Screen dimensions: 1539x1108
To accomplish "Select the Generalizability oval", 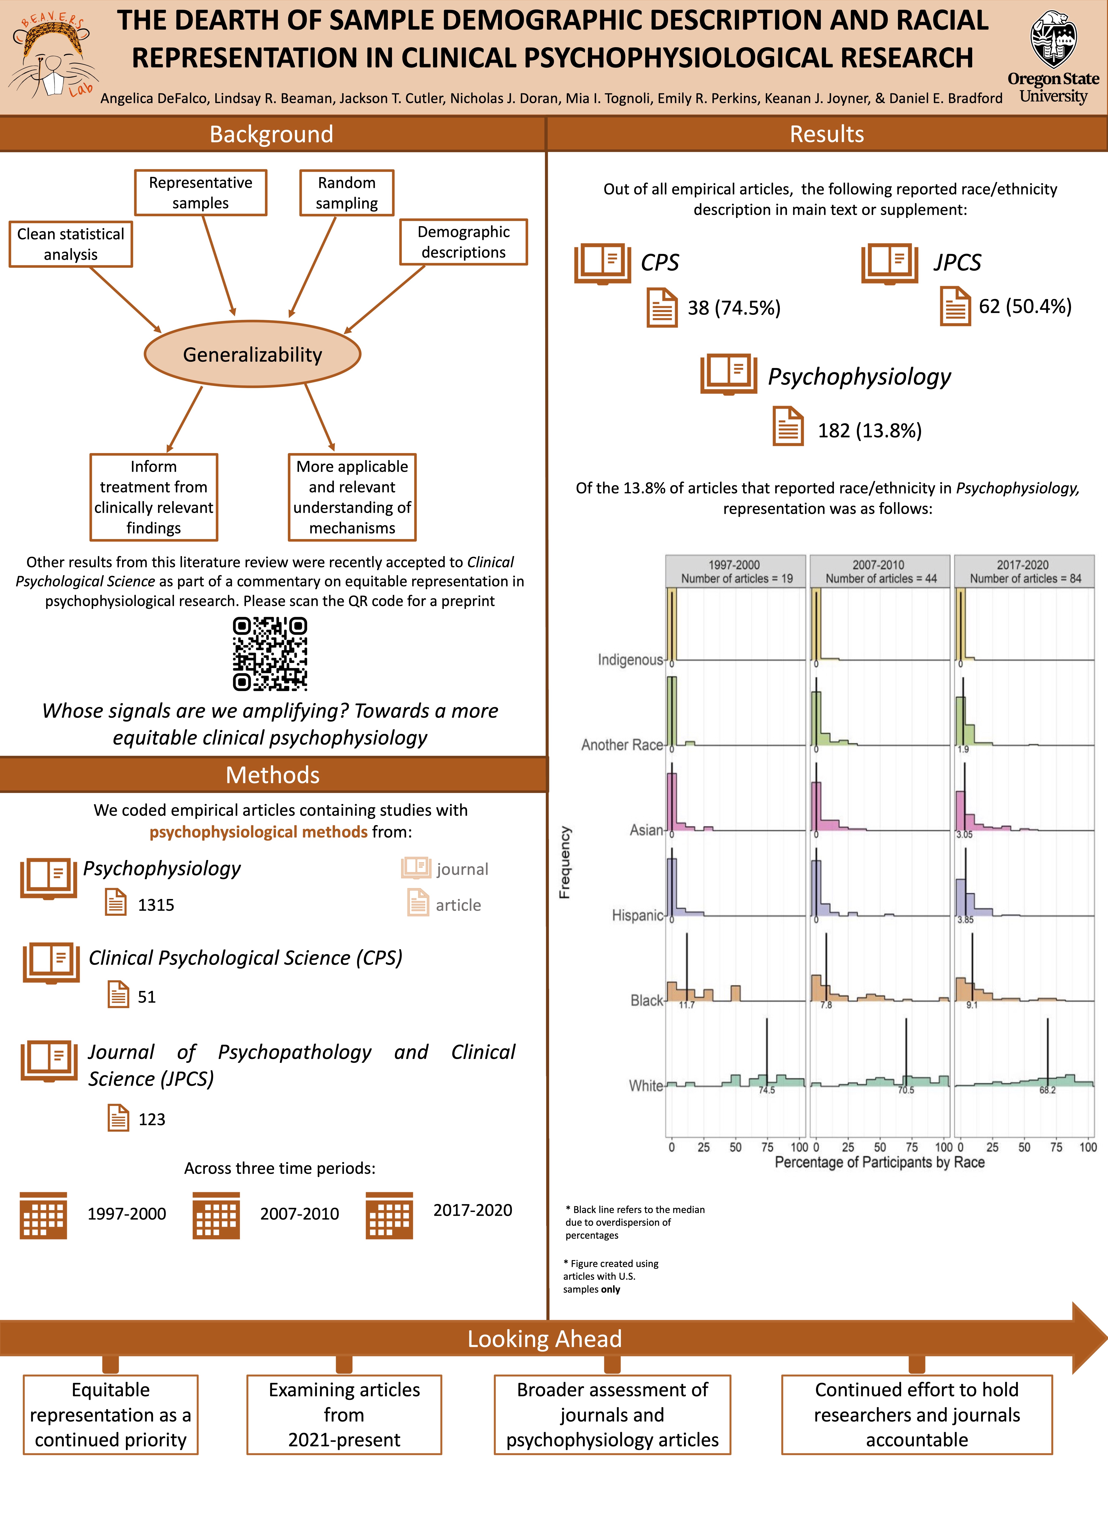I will [252, 354].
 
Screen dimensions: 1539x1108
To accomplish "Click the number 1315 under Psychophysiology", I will [156, 905].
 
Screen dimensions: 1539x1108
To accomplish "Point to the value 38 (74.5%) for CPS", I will [734, 308].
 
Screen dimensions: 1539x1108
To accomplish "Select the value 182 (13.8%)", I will [870, 431].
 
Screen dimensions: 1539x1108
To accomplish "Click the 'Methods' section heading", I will [273, 775].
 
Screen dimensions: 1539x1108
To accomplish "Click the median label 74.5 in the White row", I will [767, 1090].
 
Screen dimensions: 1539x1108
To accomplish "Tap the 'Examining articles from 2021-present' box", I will [344, 1415].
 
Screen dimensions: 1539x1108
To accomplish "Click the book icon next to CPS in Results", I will [602, 263].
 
